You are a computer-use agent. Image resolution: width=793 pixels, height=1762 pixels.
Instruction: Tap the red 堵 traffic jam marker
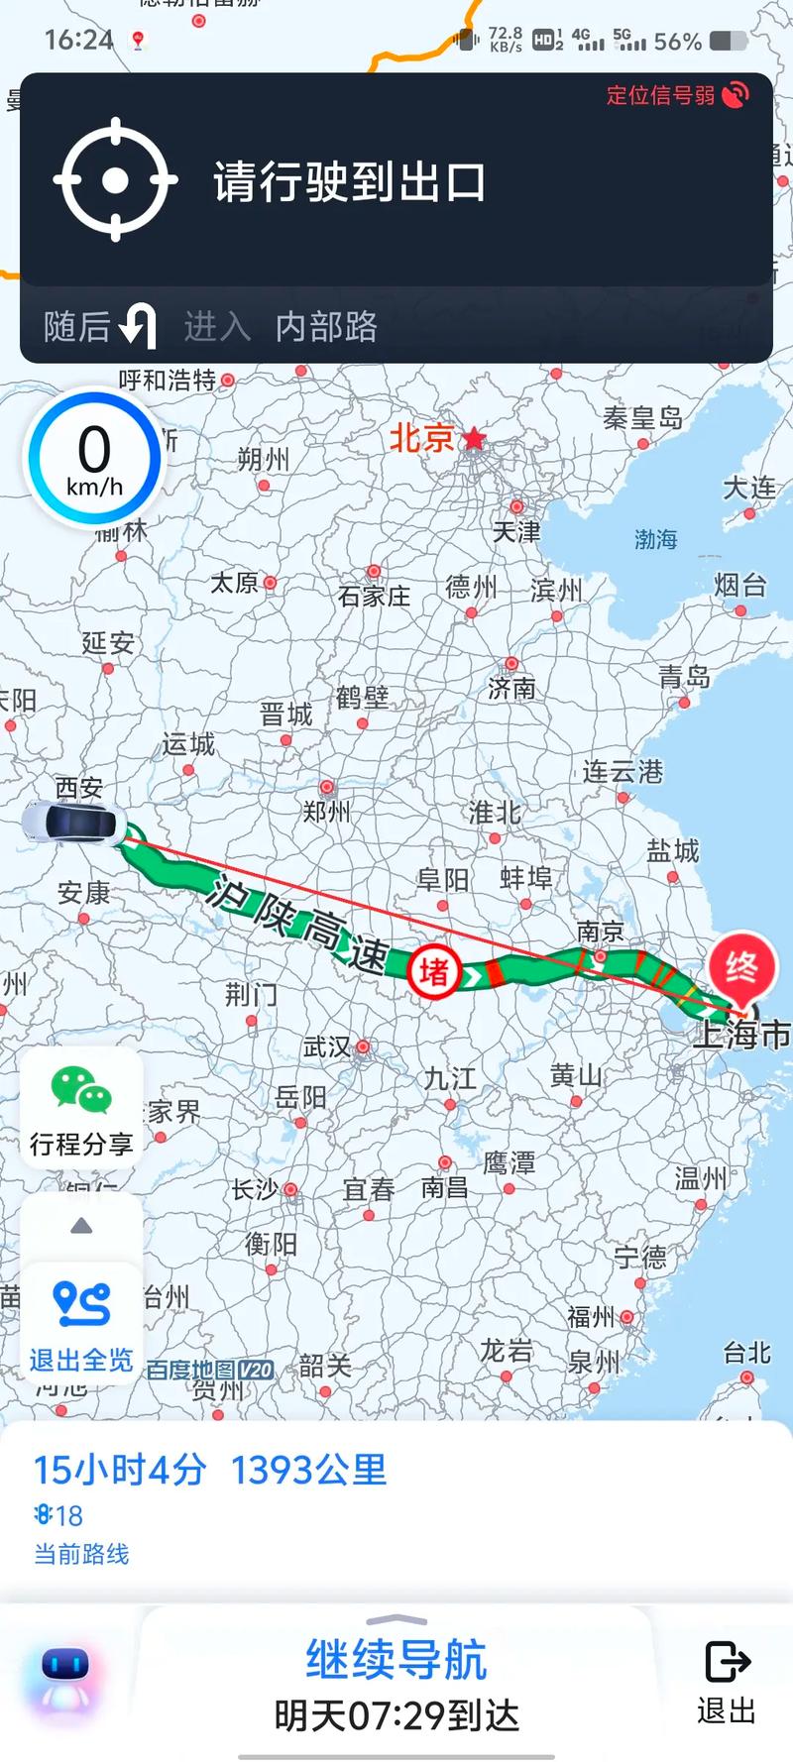coord(434,971)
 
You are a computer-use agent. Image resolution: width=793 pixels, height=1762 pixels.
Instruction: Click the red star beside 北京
coord(475,438)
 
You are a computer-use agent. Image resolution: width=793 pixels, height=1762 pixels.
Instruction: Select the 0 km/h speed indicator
coord(94,459)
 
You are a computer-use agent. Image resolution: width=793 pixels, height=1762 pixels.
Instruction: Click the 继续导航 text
coord(396,1659)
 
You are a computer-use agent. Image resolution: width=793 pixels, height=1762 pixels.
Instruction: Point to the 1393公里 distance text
coord(308,1470)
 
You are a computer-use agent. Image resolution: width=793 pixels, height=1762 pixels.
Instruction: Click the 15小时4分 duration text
coord(120,1470)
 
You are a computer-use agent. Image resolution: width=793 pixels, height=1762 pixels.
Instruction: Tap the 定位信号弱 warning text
coord(660,95)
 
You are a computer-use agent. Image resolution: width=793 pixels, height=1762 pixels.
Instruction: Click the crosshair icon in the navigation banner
coord(115,180)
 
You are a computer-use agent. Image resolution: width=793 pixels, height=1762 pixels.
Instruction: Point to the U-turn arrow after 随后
coord(138,325)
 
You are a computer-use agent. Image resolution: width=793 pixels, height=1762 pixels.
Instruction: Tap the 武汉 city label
coord(327,1046)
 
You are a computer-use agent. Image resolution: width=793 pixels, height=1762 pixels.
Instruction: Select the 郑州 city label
coord(326,812)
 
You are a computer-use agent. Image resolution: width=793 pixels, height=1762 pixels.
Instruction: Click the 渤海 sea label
coord(655,539)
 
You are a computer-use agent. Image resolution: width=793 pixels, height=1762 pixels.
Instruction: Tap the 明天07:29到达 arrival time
coord(396,1715)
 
